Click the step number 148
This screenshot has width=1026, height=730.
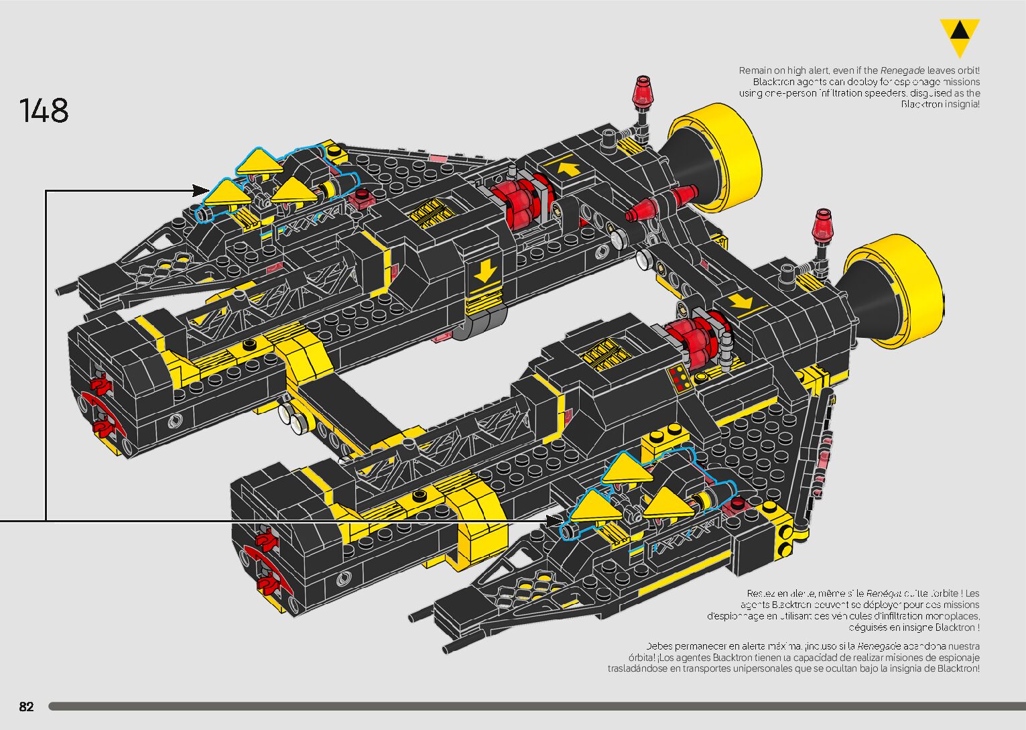pyautogui.click(x=44, y=111)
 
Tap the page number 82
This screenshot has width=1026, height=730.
pyautogui.click(x=26, y=707)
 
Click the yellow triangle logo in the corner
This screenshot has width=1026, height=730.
pyautogui.click(x=960, y=38)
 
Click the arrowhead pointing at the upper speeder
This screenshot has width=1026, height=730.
pyautogui.click(x=202, y=190)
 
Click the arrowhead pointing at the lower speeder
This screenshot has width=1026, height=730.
pyautogui.click(x=557, y=520)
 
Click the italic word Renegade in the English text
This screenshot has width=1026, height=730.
pyautogui.click(x=902, y=70)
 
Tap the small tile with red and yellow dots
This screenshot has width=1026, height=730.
pyautogui.click(x=682, y=379)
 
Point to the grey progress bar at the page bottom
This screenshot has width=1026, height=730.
pyautogui.click(x=536, y=707)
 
